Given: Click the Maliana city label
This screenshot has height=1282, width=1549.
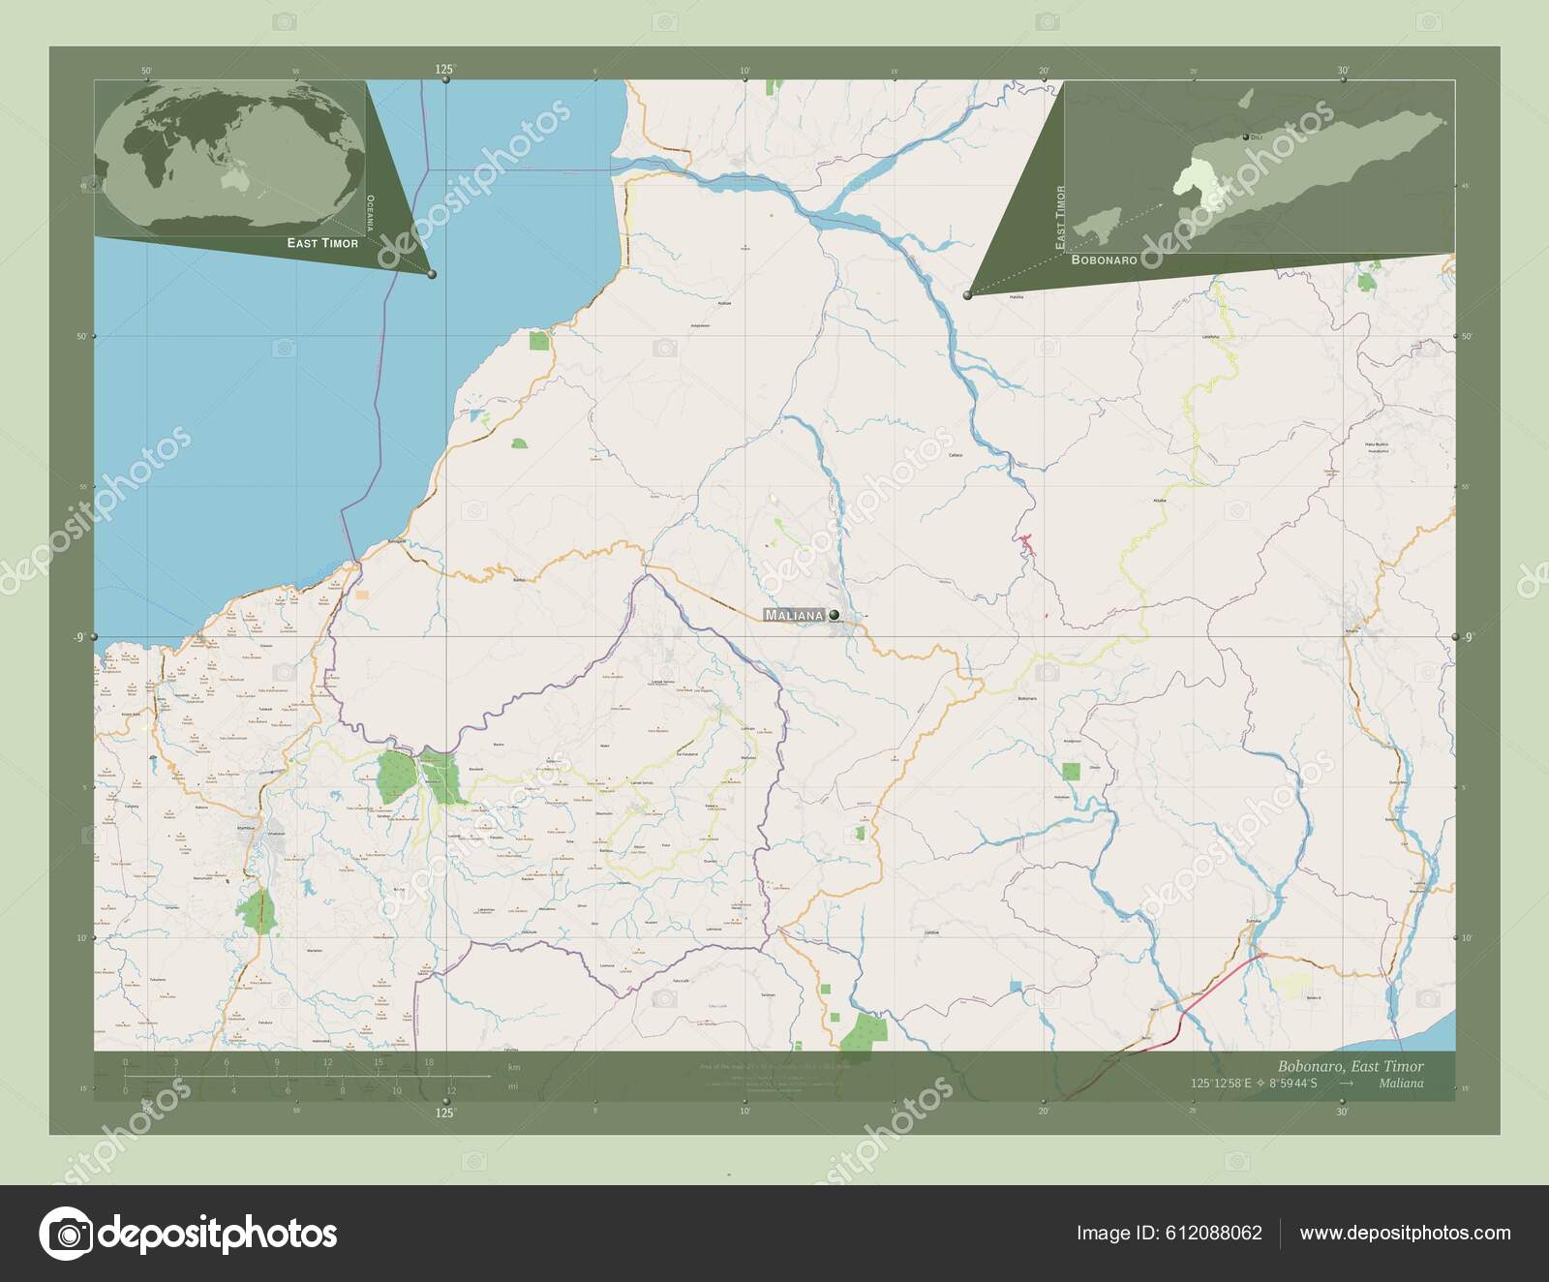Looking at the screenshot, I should pos(794,616).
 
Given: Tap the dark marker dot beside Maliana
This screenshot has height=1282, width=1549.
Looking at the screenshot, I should pos(834,614).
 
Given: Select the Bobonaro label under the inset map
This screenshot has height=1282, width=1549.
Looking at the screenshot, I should pos(1103,260).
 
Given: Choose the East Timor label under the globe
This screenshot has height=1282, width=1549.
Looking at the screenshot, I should pos(322,243).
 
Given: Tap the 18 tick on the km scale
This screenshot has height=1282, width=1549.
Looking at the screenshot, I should pos(428,1063).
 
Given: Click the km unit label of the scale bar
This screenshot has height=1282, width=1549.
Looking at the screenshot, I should pos(514,1067).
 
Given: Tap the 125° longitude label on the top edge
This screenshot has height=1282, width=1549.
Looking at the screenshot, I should pos(444,69).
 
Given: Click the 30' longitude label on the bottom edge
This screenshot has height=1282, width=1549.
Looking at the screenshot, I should pos(1342,1113).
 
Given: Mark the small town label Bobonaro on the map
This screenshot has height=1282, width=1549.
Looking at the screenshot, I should pos(1027,698).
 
